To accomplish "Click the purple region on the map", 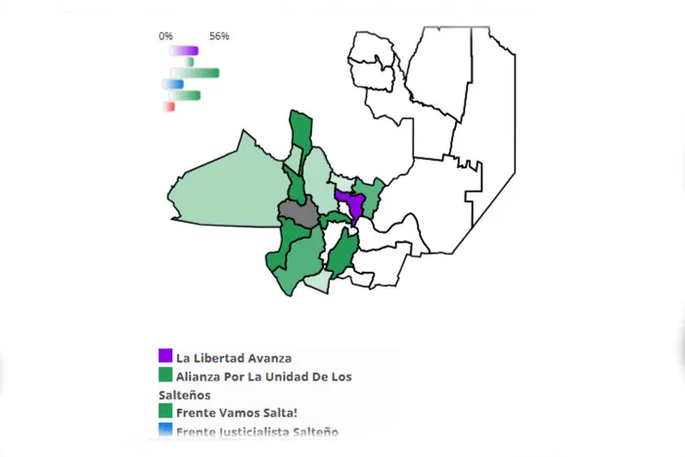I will click(x=350, y=205).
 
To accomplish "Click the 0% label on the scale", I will click(x=166, y=36).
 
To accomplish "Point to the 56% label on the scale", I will click(x=218, y=36).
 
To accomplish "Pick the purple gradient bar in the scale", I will click(x=183, y=50).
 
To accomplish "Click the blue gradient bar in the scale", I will click(x=173, y=84).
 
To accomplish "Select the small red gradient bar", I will click(x=169, y=106).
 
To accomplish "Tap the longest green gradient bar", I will click(x=195, y=72).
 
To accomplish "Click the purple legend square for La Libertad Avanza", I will click(x=165, y=356).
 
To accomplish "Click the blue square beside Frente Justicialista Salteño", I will click(x=165, y=430).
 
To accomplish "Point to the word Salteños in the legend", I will click(x=184, y=394).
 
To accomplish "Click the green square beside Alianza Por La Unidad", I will click(x=165, y=376).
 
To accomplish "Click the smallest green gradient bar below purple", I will click(x=190, y=62).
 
